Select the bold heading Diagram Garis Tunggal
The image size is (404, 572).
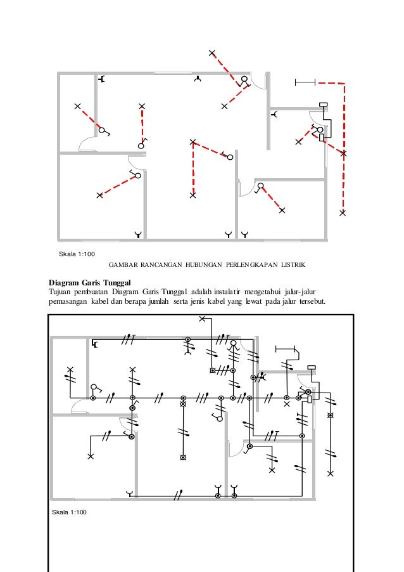[89, 282]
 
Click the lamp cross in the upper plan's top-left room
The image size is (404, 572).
[77, 106]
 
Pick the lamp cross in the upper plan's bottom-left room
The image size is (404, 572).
[99, 195]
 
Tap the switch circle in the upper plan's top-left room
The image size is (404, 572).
[101, 131]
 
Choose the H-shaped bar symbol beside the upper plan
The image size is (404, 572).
[305, 82]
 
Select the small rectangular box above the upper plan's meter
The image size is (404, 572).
[323, 105]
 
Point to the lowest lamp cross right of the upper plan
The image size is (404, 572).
[343, 213]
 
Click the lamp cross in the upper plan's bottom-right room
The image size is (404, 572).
[281, 210]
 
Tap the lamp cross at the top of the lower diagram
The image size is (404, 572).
[202, 318]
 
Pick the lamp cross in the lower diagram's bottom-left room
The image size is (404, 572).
[91, 456]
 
